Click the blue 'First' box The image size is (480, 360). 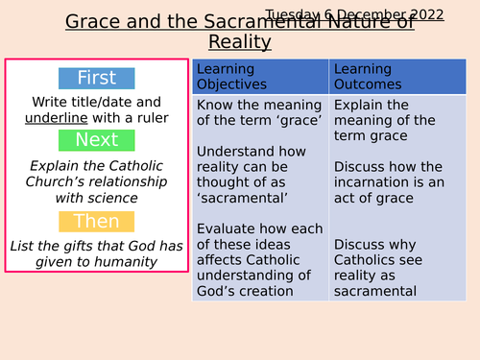tap(96, 79)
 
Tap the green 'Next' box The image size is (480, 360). tap(96, 140)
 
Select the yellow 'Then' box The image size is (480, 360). tap(96, 222)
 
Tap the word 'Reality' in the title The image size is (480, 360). tap(240, 42)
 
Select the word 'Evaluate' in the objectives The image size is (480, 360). tap(228, 229)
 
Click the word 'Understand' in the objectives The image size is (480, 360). tap(238, 151)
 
